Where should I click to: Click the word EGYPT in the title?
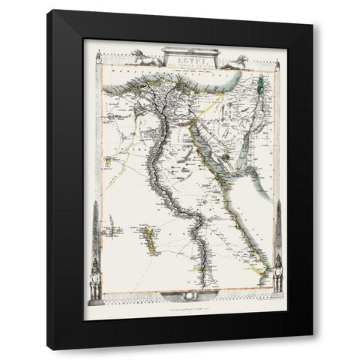pyautogui.click(x=181, y=55)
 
